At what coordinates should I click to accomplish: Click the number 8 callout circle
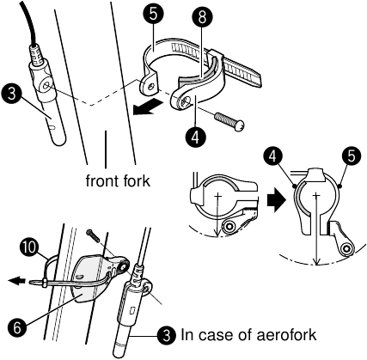[x=202, y=17]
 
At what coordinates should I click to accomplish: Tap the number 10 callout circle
[x=29, y=247]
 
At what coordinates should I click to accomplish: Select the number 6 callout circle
[x=17, y=328]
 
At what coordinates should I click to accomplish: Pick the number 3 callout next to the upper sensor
[x=11, y=94]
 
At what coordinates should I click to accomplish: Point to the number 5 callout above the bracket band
[x=153, y=15]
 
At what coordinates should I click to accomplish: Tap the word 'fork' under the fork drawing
[x=135, y=180]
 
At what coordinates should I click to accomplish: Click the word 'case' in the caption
[x=217, y=334]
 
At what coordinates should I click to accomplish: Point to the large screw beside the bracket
[x=229, y=121]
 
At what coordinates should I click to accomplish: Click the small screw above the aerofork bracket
[x=93, y=235]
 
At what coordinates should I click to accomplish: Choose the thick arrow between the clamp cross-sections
[x=277, y=199]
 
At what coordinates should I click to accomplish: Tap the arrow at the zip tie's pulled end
[x=16, y=281]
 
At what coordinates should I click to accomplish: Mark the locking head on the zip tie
[x=45, y=284]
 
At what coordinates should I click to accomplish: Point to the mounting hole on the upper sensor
[x=46, y=85]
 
